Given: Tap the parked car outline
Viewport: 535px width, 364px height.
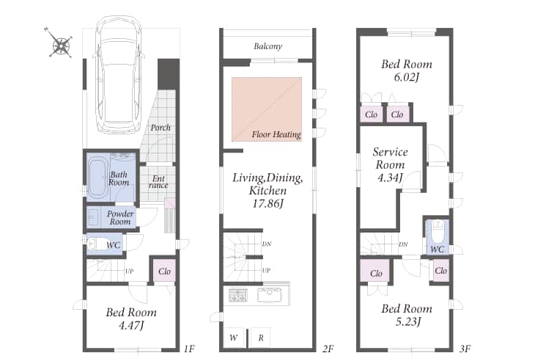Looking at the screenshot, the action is pos(118,75).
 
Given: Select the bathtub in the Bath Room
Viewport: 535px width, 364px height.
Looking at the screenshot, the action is pos(98,178).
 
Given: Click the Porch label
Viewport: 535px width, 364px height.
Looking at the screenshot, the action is pos(160,128).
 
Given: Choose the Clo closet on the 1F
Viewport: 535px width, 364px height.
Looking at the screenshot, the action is pos(164,271).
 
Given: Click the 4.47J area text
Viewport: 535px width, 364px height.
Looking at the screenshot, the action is pos(131,325).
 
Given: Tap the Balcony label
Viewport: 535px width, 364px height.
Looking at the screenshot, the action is pos(267,46).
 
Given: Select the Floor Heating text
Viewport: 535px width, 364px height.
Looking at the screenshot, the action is pos(276,134).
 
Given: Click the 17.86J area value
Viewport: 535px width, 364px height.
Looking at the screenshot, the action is pos(267,204).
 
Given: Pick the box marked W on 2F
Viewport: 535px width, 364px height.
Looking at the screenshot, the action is pos(234,338).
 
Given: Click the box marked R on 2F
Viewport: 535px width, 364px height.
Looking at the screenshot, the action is pos(261,338).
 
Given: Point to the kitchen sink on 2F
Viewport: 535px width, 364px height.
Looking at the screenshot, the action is pos(269,295).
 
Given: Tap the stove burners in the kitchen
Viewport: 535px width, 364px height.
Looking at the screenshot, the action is pos(237,295).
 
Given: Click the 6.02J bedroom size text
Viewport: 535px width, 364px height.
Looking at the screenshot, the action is pos(406,77).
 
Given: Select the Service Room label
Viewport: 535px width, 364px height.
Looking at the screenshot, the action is pos(390,159).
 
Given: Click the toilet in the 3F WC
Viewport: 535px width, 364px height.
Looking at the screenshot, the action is pos(437,232).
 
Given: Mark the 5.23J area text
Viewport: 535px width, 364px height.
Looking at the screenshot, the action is pos(408,321).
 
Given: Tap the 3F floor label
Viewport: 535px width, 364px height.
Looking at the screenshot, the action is pos(465,349).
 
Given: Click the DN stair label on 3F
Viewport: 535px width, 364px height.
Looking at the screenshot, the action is pos(403,244).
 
